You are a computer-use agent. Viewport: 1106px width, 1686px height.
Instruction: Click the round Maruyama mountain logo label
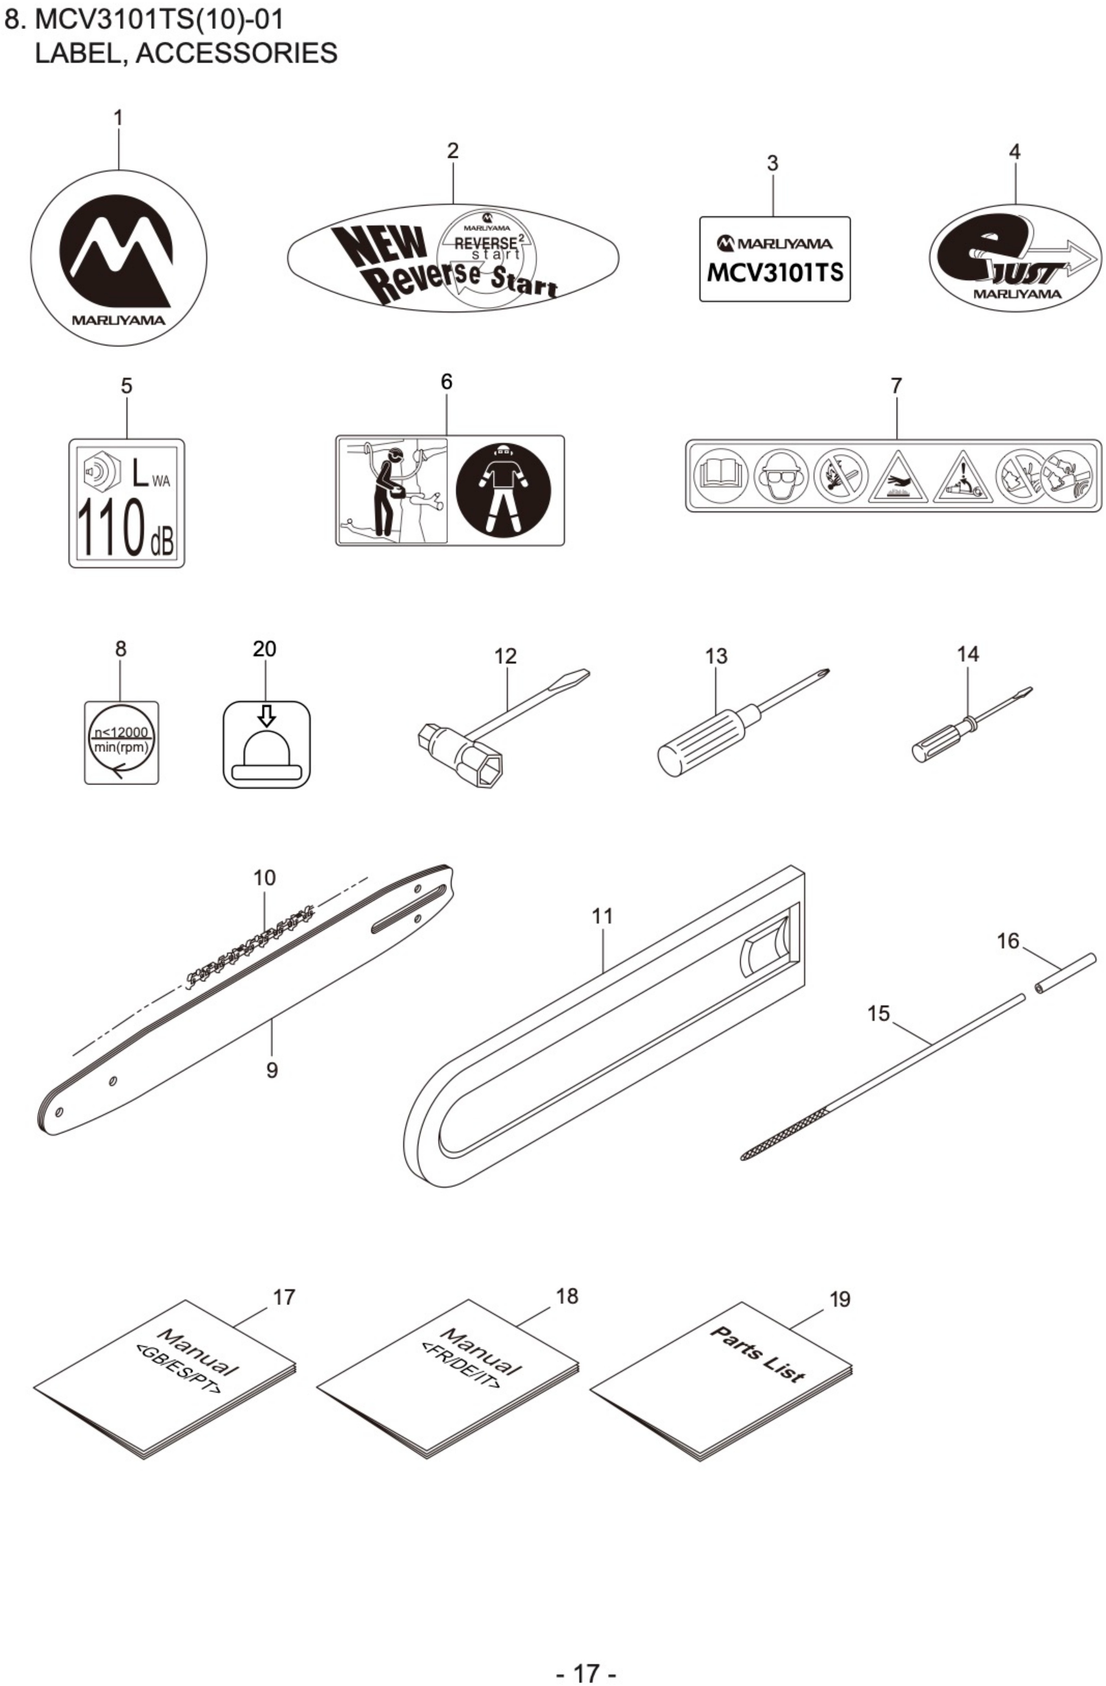(118, 258)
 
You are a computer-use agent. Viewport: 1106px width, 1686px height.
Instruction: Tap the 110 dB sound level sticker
(126, 503)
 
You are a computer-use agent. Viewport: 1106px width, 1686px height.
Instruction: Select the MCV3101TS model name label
(774, 259)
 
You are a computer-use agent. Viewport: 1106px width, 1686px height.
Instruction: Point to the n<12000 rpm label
(121, 742)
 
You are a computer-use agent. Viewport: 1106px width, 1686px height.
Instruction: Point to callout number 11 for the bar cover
(602, 916)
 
